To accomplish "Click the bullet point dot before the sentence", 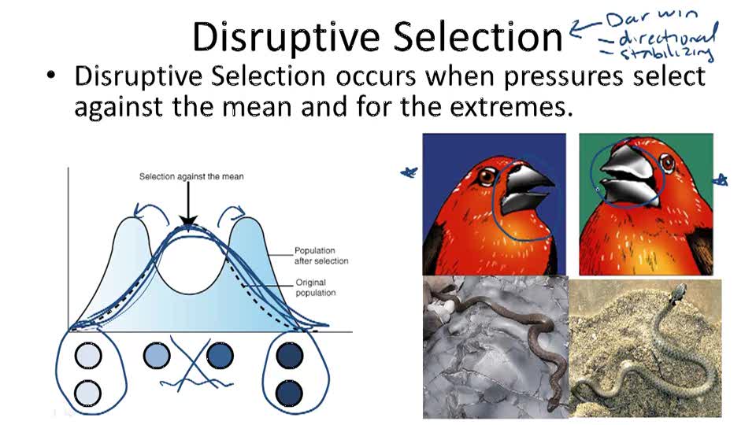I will click(x=51, y=77).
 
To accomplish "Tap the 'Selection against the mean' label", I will click(x=191, y=176).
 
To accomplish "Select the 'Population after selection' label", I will click(x=321, y=255).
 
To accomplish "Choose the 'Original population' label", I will click(x=315, y=287).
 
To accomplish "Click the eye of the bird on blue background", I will click(x=487, y=177).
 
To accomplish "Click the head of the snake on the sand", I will click(x=678, y=293).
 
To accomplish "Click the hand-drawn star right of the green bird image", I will click(x=720, y=181).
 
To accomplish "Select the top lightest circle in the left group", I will click(x=88, y=357).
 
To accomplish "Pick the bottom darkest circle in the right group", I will click(x=290, y=391).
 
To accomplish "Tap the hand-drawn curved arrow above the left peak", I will click(x=143, y=208).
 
